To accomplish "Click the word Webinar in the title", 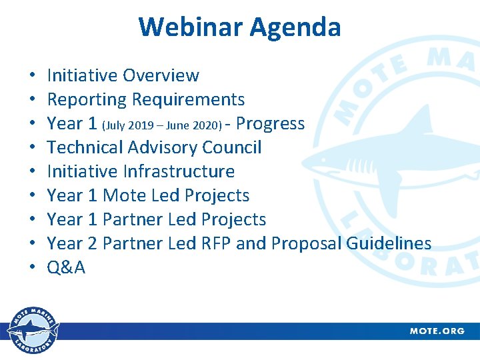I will (191, 27).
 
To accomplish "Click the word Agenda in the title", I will (295, 27).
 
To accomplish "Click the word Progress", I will (270, 124).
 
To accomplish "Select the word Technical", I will (89, 147).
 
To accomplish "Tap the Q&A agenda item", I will (66, 267).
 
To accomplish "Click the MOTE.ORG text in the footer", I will (437, 331).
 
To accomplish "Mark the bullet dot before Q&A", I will (33, 268).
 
